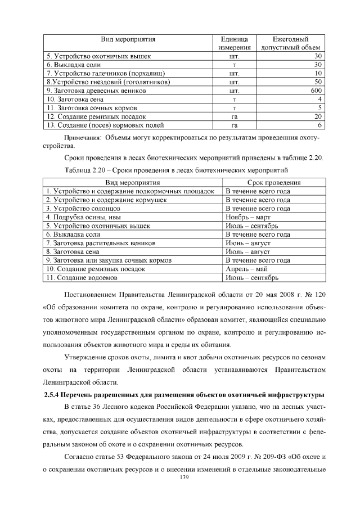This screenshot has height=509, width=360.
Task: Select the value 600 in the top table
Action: (x=316, y=90)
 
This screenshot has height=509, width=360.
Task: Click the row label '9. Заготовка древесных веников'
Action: (x=96, y=90)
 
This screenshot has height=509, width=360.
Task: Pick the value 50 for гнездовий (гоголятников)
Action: (x=318, y=82)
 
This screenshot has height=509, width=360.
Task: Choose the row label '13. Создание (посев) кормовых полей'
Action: (x=105, y=124)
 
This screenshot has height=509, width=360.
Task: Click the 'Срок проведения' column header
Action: (x=274, y=183)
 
